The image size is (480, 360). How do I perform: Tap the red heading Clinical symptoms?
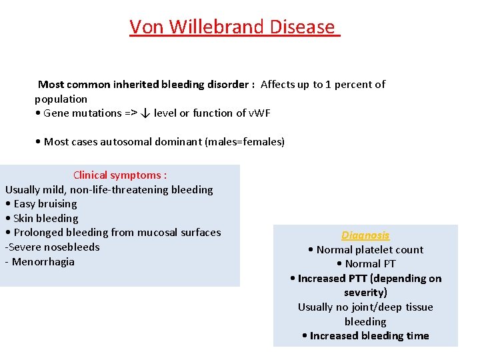point(120,175)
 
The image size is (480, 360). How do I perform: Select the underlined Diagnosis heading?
point(365,235)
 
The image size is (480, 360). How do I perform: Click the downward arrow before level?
point(145,113)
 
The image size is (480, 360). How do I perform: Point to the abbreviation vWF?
point(259,113)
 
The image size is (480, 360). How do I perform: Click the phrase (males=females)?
point(245,142)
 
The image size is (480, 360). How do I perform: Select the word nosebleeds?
point(72,247)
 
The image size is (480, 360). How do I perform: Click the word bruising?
point(57,204)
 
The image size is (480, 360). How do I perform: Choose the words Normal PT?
point(370,264)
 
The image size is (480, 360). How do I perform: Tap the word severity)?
point(365,293)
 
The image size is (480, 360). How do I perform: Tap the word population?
point(61,99)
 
